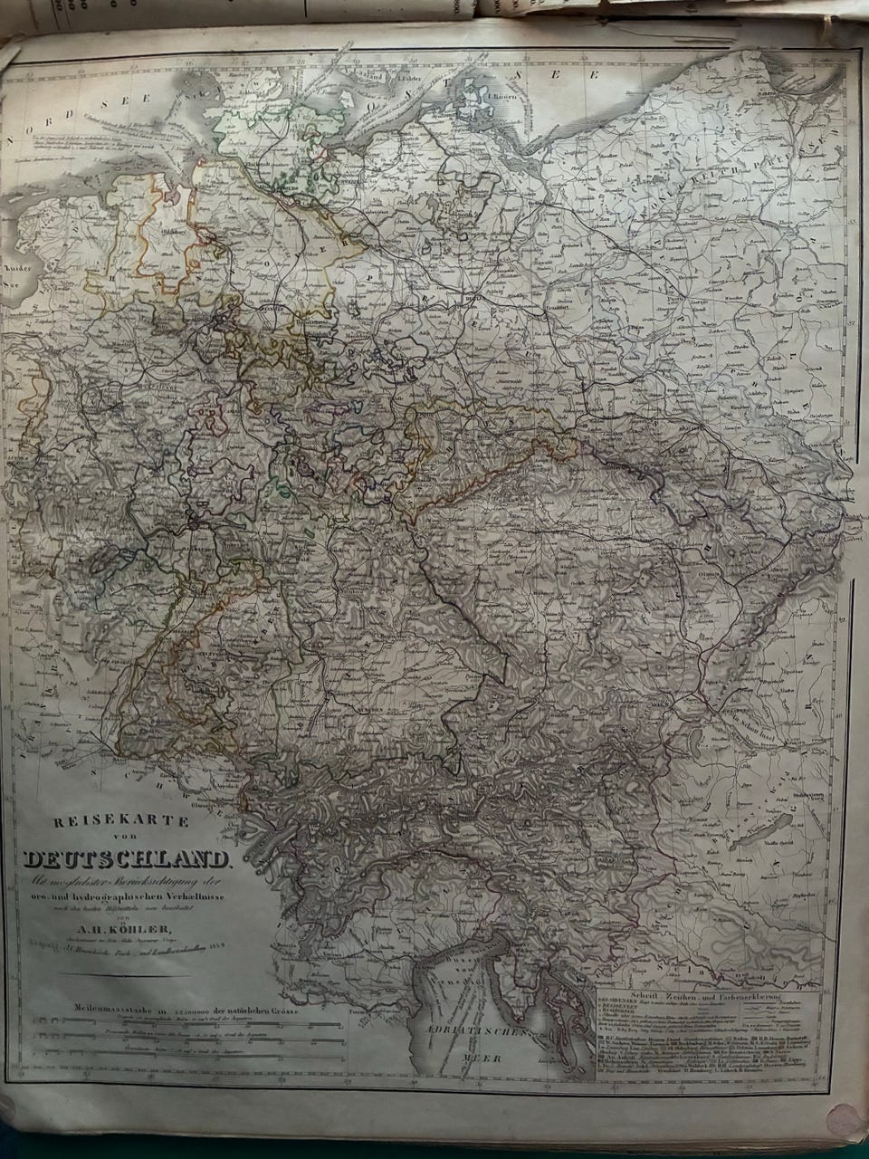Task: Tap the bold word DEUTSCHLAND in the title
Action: tap(128, 859)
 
